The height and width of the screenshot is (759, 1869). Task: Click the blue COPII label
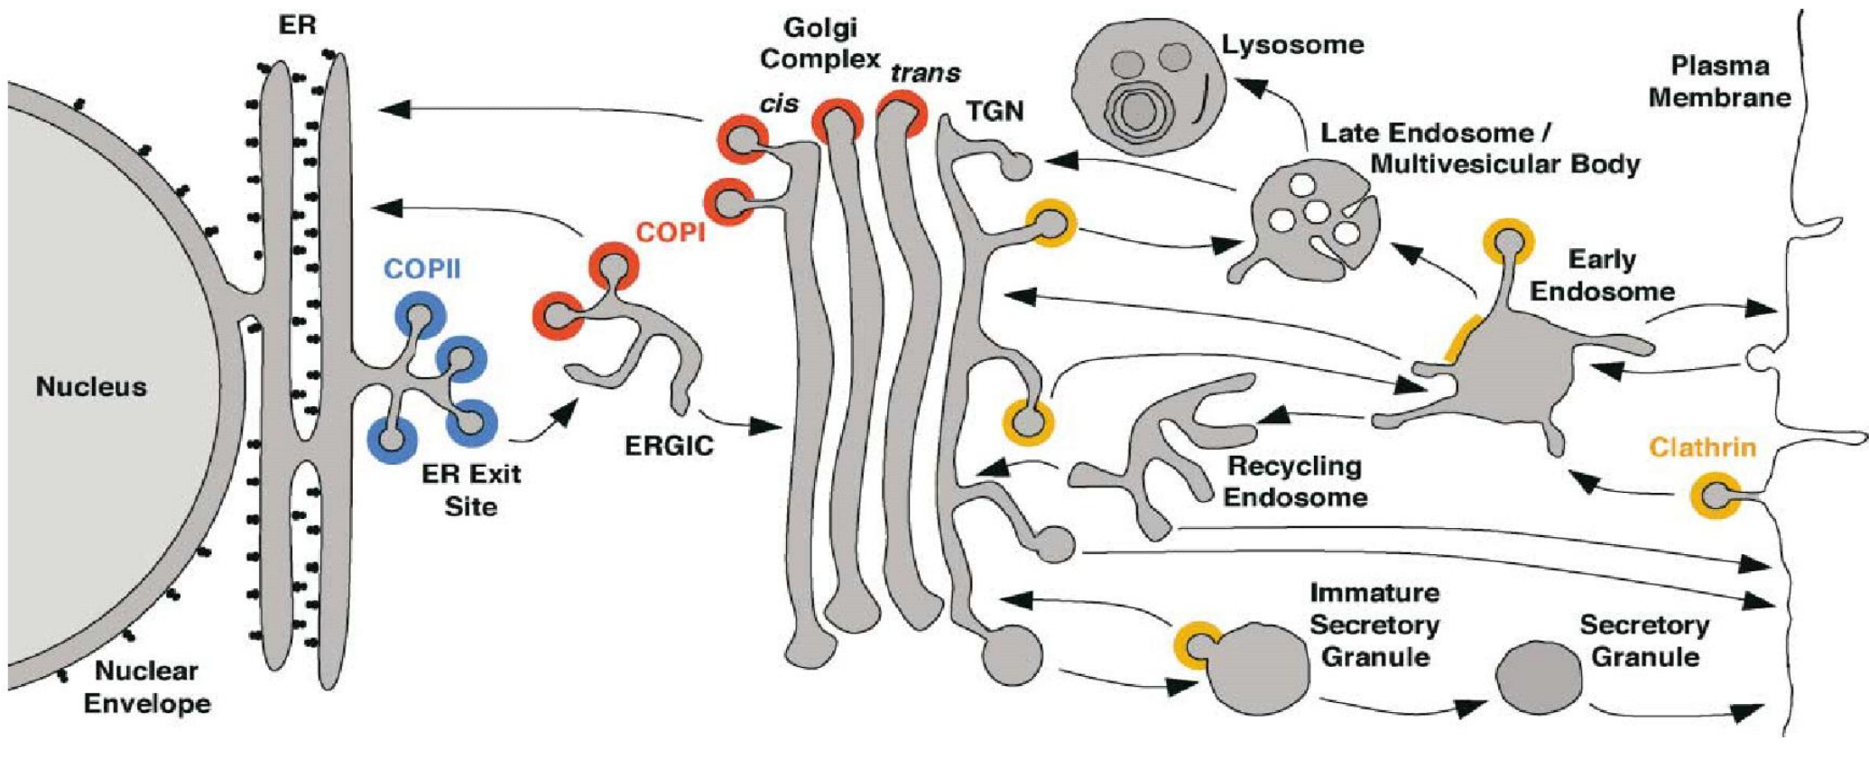click(422, 269)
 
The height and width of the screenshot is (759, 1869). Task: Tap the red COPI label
click(670, 233)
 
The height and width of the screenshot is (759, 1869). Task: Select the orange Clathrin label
click(1703, 448)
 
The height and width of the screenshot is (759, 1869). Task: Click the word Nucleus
click(91, 387)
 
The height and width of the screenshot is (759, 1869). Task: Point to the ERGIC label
click(669, 445)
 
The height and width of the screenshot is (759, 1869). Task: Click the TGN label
click(995, 111)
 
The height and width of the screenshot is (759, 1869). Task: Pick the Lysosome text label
click(1292, 45)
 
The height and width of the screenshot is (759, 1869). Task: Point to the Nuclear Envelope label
click(147, 687)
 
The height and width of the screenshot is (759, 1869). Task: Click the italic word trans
click(925, 73)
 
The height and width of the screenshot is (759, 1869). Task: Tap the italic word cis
click(779, 104)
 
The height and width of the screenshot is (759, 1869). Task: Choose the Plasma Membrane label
click(1719, 81)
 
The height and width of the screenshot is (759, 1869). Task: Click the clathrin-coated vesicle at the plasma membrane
click(1716, 495)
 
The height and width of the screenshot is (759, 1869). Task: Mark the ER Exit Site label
click(471, 490)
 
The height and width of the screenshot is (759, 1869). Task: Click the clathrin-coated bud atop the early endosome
click(1508, 243)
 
